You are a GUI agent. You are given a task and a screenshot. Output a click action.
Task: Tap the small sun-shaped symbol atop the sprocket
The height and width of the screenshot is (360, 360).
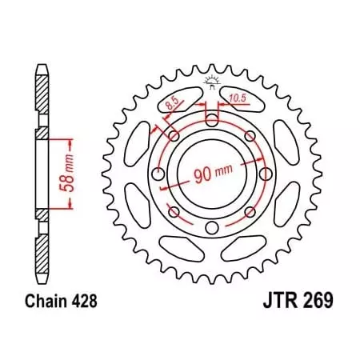pos(211,80)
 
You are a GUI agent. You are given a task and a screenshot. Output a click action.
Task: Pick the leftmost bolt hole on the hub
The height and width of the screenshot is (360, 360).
pos(157,174)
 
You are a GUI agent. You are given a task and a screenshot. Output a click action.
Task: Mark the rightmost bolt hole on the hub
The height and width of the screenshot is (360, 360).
pos(266,174)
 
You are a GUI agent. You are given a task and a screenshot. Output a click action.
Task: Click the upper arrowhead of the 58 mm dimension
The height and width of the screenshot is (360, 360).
pos(73,143)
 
